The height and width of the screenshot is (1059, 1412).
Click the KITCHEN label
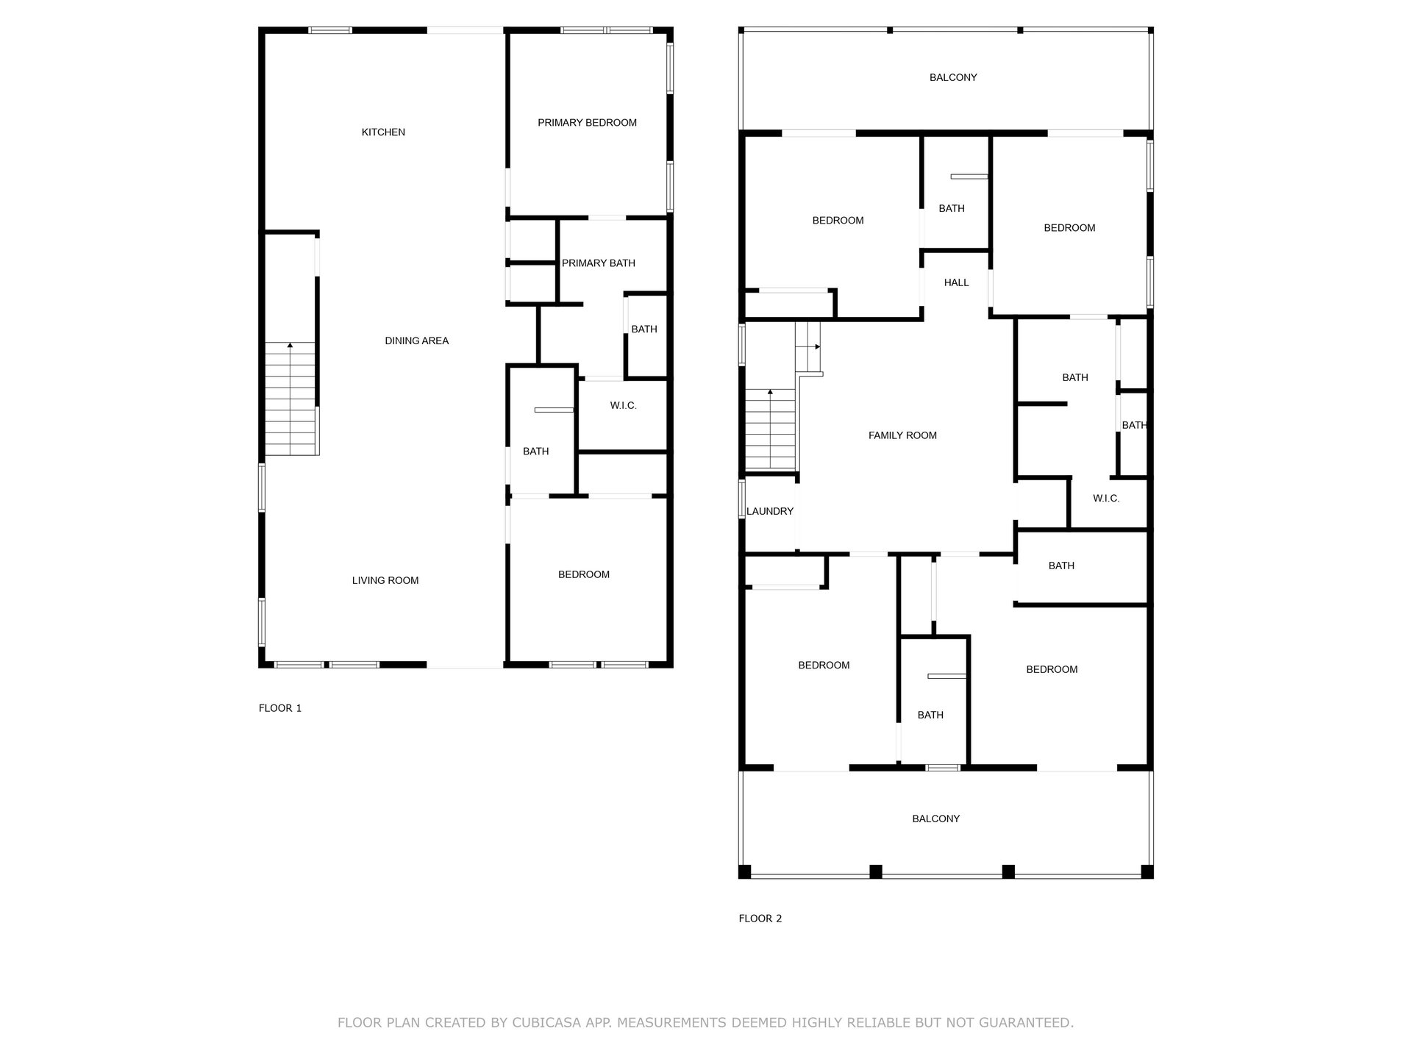383,132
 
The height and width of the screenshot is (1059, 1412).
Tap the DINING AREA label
416,340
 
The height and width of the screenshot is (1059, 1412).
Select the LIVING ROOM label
385,580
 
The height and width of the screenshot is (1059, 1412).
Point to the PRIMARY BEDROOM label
587,123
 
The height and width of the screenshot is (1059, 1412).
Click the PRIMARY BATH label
598,263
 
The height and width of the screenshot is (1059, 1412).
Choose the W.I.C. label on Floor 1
623,406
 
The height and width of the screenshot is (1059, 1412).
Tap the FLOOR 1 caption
280,708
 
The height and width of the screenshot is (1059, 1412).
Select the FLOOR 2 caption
760,919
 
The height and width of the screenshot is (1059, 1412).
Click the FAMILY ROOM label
902,435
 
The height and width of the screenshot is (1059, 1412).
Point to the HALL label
956,282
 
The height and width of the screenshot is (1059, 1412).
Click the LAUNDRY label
770,511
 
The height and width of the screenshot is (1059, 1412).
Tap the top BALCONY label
953,77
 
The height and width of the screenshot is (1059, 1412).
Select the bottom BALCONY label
936,819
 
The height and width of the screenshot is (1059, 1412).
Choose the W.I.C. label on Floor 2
1106,499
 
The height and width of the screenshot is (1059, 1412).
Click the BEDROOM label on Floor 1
583,574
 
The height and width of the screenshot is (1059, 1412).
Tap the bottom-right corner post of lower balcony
1147,871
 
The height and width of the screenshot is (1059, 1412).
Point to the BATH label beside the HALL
952,209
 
